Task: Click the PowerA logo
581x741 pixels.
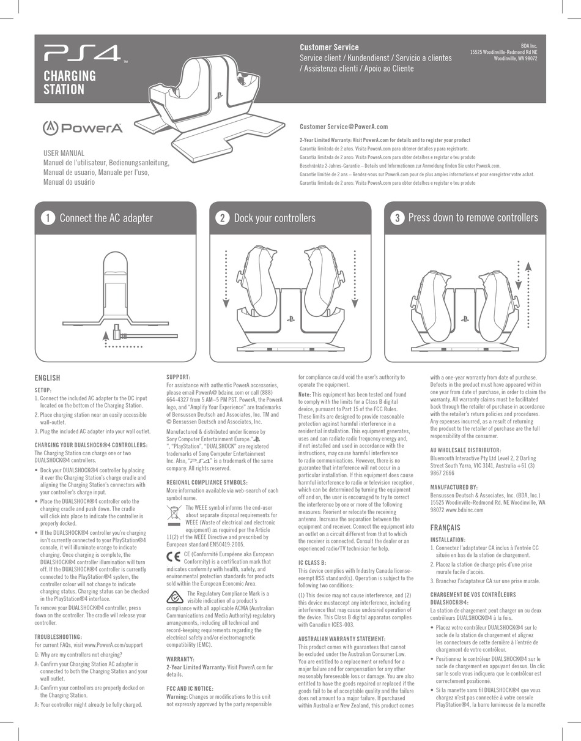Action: [83, 128]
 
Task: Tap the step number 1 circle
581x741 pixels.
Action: [47, 218]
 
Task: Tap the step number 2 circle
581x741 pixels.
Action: [222, 218]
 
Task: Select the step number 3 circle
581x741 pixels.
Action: [397, 218]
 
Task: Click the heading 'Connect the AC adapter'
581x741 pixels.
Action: [106, 218]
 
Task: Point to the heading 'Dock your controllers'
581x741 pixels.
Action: [275, 218]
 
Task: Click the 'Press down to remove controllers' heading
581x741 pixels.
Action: [473, 218]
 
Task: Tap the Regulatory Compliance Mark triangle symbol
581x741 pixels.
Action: [175, 598]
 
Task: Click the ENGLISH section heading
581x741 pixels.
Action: [47, 378]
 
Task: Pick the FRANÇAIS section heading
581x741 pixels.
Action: [445, 527]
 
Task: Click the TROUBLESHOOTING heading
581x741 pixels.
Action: [58, 637]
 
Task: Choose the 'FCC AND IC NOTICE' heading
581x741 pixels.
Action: [190, 689]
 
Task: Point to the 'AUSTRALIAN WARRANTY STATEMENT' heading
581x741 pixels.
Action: [341, 639]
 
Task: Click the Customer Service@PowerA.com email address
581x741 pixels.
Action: [344, 127]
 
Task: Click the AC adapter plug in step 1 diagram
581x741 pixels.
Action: [119, 335]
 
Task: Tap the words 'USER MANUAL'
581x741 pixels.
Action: [64, 153]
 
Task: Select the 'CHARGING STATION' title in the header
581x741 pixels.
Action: [69, 83]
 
